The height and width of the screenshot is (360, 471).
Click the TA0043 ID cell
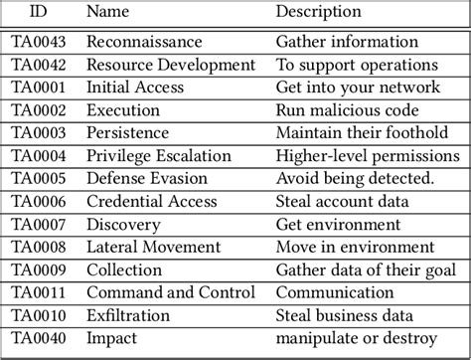coord(38,42)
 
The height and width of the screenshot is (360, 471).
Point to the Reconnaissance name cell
coord(145,42)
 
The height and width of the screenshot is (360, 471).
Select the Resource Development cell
coord(171,65)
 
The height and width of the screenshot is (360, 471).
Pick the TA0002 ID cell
coord(38,108)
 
